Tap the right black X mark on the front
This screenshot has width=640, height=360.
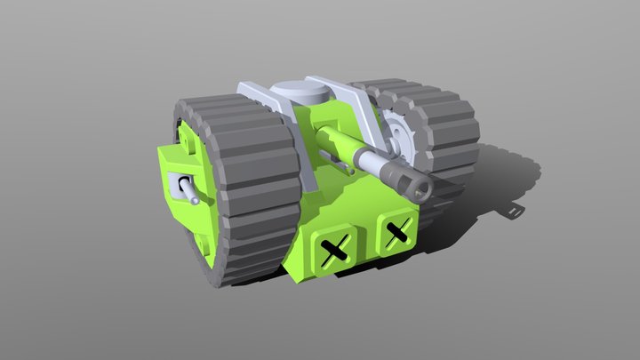pyautogui.click(x=395, y=234)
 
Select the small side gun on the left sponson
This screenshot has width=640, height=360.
pyautogui.click(x=188, y=190)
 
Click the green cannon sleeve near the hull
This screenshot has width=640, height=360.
pyautogui.click(x=332, y=142)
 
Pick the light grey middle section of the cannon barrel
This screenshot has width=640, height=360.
pyautogui.click(x=373, y=162)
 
